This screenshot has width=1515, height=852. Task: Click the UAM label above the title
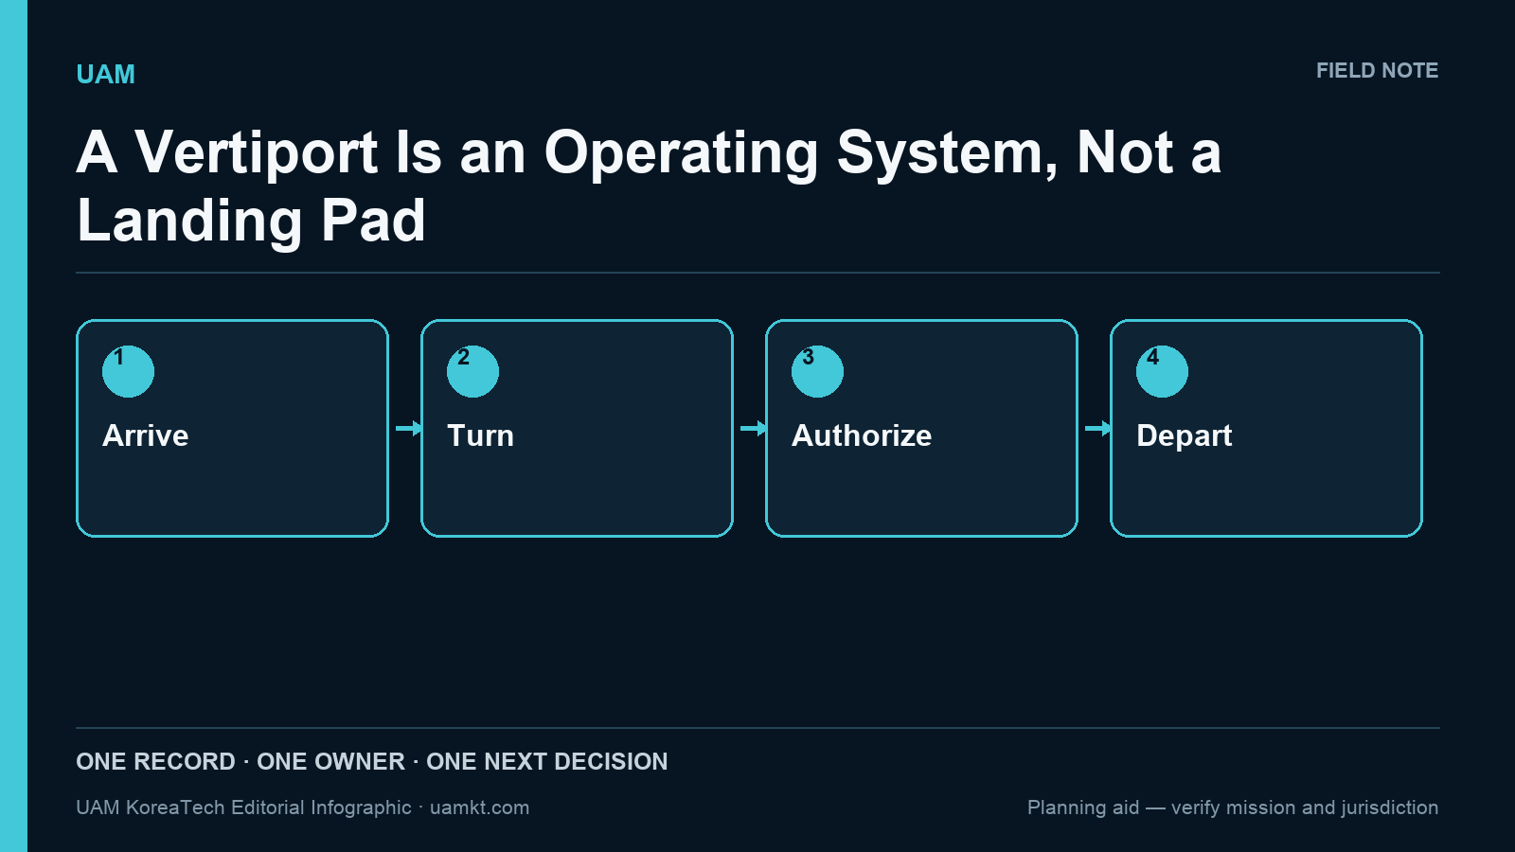(105, 75)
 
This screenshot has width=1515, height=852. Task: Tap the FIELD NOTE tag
(1377, 71)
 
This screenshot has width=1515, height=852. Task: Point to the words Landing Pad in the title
(251, 222)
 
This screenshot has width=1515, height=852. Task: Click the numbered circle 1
(128, 371)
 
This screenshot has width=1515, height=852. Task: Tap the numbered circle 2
(472, 371)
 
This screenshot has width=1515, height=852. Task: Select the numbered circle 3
(817, 371)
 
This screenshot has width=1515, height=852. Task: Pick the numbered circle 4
(1162, 371)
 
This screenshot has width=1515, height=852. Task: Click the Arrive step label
(146, 435)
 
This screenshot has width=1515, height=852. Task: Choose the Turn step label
(480, 435)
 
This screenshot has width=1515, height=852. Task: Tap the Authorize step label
(862, 435)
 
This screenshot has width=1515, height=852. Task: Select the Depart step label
(1185, 436)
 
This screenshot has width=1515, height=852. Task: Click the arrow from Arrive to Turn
(408, 428)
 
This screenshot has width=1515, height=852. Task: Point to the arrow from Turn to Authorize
(754, 428)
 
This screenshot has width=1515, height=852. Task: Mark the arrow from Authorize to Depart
(1097, 428)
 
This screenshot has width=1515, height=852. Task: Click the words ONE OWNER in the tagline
(330, 761)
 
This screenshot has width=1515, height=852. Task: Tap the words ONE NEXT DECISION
(547, 761)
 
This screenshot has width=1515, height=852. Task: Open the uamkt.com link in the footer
(479, 808)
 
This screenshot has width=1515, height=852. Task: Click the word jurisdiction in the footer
(1391, 808)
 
